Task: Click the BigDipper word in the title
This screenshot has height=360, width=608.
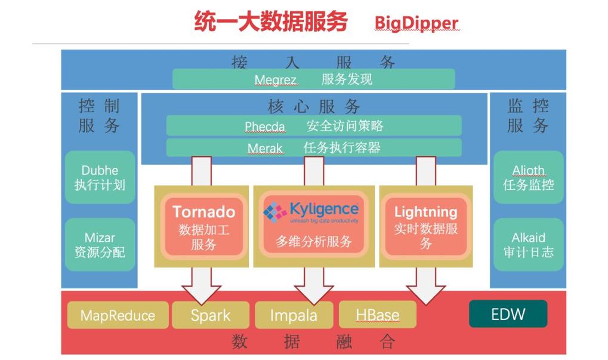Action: (x=416, y=23)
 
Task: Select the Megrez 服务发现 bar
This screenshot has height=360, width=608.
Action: (x=314, y=79)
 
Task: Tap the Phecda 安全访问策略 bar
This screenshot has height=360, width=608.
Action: (x=314, y=126)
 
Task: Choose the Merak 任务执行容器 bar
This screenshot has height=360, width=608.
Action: (x=314, y=148)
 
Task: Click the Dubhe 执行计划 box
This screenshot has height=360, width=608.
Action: (x=100, y=177)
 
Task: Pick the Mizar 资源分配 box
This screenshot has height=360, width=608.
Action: (x=100, y=245)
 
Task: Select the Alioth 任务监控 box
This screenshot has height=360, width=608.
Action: (x=529, y=177)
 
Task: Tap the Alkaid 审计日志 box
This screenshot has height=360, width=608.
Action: (x=529, y=245)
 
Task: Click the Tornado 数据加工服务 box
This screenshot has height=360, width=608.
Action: (x=203, y=227)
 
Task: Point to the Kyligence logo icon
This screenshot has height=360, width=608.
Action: (x=275, y=212)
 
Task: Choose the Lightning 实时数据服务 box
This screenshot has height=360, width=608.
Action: (x=426, y=227)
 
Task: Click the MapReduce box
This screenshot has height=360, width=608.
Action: (x=118, y=315)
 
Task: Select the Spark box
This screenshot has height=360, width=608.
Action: (x=211, y=315)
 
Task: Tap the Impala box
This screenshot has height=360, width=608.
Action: (x=294, y=315)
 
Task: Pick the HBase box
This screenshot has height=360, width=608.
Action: (x=378, y=315)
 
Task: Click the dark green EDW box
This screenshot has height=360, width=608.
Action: (x=508, y=314)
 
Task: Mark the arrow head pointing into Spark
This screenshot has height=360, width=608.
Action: (x=201, y=295)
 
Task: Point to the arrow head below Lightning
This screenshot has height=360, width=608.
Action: (x=426, y=295)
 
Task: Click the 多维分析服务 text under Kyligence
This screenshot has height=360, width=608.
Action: (x=314, y=241)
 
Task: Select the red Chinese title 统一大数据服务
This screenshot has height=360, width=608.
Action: (x=271, y=21)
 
